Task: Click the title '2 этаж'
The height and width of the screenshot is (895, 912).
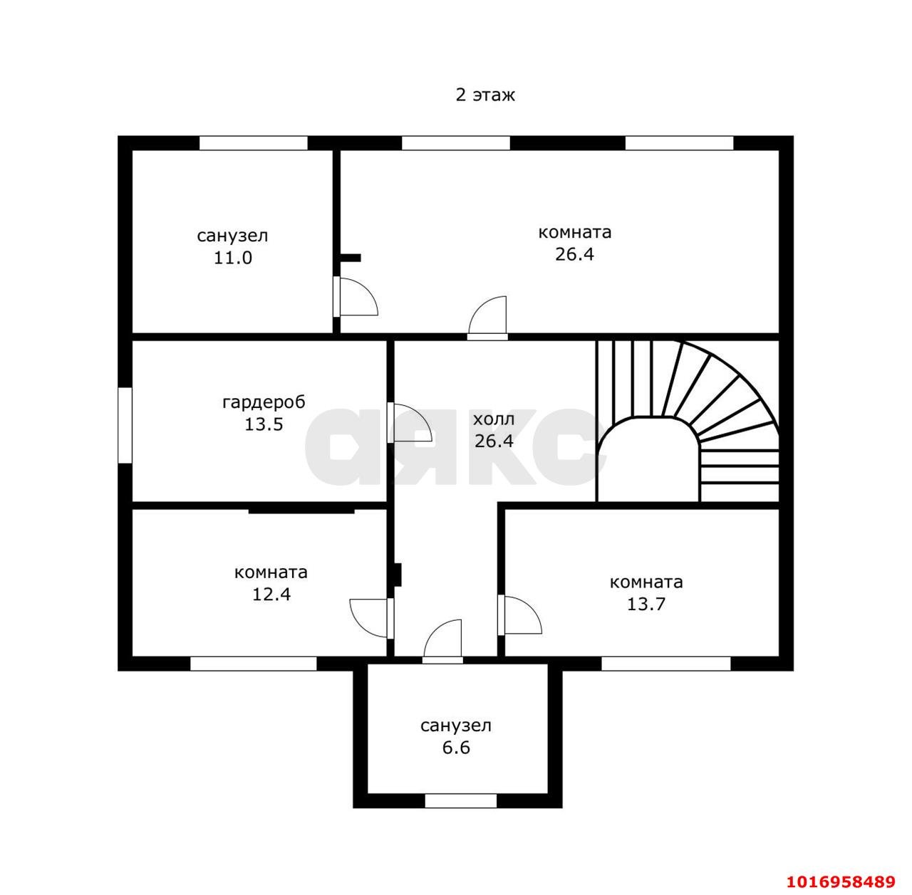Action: (x=484, y=95)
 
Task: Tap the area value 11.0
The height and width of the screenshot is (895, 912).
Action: (x=232, y=258)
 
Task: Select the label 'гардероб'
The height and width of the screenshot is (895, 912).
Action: (x=264, y=402)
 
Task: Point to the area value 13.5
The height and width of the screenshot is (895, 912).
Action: (x=264, y=424)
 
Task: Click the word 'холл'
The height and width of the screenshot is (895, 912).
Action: (x=494, y=419)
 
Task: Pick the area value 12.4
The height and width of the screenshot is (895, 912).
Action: (x=271, y=594)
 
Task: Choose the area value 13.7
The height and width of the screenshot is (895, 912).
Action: (x=646, y=604)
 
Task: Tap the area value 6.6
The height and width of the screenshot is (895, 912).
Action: (x=456, y=748)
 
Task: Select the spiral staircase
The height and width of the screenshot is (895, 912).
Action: (x=687, y=421)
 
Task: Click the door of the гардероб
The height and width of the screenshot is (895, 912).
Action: (x=409, y=422)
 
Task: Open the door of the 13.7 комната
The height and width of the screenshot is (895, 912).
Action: (x=519, y=614)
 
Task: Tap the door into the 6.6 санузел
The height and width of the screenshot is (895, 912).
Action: (x=442, y=641)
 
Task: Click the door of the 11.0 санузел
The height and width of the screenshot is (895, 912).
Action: (x=356, y=297)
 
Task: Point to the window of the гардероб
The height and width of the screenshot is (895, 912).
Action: (x=125, y=425)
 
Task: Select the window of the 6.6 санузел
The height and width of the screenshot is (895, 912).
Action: (x=460, y=801)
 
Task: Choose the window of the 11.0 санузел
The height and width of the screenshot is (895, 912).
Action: (x=253, y=143)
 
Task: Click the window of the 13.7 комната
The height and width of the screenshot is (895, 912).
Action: (x=666, y=664)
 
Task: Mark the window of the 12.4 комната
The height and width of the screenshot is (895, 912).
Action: (x=253, y=664)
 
